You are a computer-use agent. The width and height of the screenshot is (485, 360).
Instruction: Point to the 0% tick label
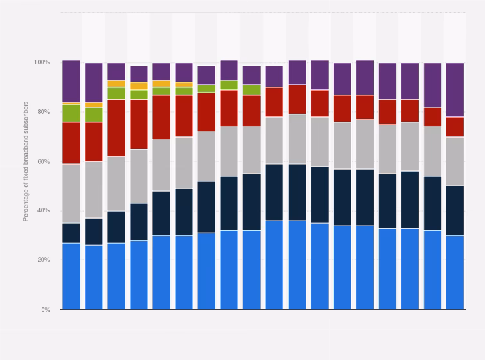(x=45, y=310)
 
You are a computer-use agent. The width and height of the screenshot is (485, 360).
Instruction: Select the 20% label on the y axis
(x=44, y=260)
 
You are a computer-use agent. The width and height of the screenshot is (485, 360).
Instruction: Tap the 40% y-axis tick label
(x=44, y=211)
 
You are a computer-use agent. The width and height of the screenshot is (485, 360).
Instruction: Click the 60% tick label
(x=44, y=161)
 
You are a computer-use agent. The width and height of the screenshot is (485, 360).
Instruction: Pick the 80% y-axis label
(x=44, y=112)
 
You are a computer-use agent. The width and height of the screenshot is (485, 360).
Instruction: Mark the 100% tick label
(x=42, y=62)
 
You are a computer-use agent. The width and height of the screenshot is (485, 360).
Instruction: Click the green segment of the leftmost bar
(x=71, y=113)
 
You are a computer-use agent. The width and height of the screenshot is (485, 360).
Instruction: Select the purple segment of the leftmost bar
(x=71, y=81)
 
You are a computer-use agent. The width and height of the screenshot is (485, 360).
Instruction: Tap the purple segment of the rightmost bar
(x=455, y=89)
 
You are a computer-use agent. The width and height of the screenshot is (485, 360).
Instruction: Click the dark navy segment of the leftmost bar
(x=71, y=233)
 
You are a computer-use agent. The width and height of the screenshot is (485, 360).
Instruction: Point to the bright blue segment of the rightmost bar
(x=455, y=272)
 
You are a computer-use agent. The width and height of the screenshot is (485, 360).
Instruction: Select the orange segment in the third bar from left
(x=116, y=84)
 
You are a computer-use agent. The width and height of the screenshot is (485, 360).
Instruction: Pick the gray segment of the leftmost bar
(x=71, y=194)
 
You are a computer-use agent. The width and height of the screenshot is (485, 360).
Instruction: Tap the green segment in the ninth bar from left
(x=252, y=89)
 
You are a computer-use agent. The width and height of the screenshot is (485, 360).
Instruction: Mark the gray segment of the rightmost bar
(x=455, y=161)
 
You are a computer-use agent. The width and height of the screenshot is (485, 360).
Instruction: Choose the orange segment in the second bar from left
(x=93, y=104)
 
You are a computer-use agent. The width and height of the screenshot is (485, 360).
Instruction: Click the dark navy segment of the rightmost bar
(x=455, y=211)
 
